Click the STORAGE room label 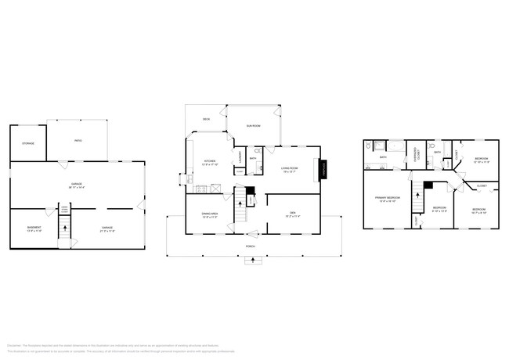[28, 144]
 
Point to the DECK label [206, 119]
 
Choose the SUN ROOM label [253, 124]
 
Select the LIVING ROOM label [291, 168]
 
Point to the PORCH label [250, 245]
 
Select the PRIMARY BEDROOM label [388, 199]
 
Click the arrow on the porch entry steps [250, 261]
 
